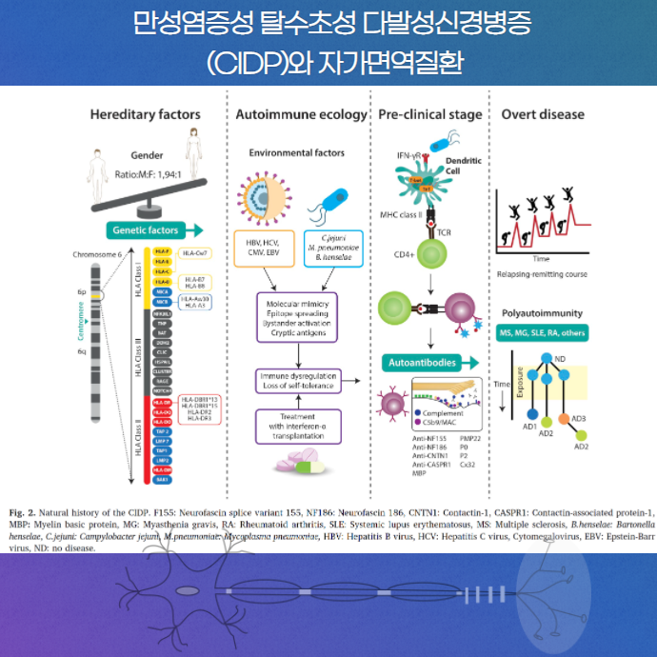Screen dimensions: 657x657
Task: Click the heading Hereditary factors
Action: tap(145, 115)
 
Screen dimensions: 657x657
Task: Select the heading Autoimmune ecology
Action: tap(301, 115)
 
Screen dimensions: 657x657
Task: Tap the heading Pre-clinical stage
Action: tap(429, 115)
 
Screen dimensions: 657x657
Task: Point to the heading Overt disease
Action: tap(543, 115)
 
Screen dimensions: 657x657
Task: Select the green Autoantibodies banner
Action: tap(424, 363)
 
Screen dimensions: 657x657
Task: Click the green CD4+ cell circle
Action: tap(431, 254)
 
